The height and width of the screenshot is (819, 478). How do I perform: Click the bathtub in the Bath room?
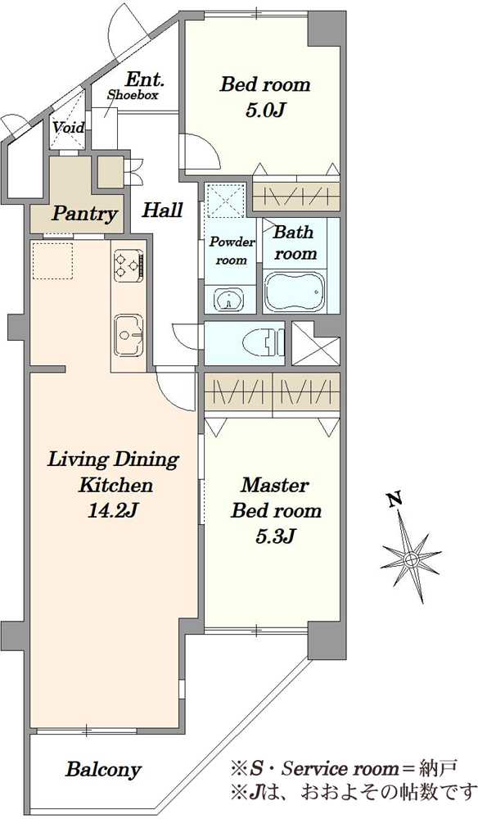(x=295, y=292)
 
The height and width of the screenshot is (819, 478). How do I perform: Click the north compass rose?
(x=410, y=559)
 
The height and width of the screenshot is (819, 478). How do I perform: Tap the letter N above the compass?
(x=395, y=500)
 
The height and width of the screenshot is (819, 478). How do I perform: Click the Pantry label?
(x=83, y=214)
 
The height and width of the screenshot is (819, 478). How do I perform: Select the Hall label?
(x=162, y=210)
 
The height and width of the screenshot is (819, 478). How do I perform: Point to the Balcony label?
(x=103, y=769)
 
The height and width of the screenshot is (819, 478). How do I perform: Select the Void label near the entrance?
(x=68, y=127)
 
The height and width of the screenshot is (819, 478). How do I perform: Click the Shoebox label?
(x=133, y=95)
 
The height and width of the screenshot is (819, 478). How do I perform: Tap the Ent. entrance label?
(x=145, y=80)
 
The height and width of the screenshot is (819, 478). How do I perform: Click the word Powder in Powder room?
(x=232, y=242)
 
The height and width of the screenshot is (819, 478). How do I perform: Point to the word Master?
(x=275, y=485)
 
